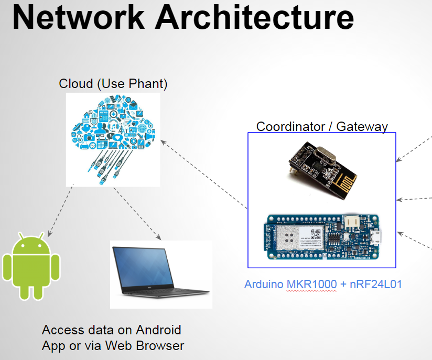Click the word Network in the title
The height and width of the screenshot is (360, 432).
tap(78, 17)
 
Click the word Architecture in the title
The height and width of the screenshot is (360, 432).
tap(254, 17)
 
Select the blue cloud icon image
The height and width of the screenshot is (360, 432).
tap(112, 139)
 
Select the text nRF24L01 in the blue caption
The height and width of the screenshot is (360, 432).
tap(375, 285)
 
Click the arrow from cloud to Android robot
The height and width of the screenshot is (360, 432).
tap(59, 210)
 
